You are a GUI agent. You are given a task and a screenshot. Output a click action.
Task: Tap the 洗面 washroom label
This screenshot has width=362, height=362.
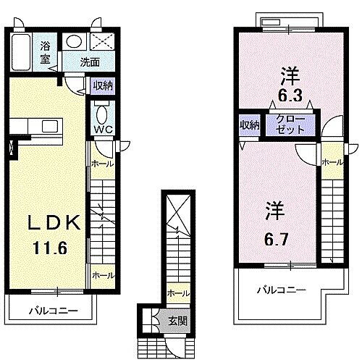click(90, 62)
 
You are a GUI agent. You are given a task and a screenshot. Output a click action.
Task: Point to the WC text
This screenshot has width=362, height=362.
click(101, 131)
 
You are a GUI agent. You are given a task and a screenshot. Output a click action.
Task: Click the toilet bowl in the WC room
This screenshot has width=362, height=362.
click(101, 114)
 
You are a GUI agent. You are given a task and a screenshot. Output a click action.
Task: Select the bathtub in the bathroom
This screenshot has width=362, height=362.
click(22, 51)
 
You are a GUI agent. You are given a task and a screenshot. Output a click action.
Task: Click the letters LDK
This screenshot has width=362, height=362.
click(49, 223)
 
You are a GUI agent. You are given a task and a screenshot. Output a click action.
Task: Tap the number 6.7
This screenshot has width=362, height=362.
click(276, 236)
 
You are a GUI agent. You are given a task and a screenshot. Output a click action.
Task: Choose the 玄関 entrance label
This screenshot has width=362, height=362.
click(177, 320)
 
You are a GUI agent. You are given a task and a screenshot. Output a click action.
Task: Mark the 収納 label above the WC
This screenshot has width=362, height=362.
click(101, 86)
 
